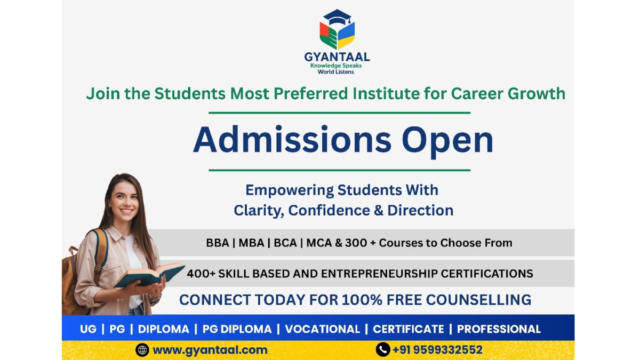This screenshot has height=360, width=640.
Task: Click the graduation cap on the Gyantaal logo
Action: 337,17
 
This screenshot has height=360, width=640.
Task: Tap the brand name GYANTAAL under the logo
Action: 337,57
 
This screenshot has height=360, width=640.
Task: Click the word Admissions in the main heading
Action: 291,141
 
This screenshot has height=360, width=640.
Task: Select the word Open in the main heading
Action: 447,141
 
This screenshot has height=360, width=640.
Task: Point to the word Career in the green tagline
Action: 477,94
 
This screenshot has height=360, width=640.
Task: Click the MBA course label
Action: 251,243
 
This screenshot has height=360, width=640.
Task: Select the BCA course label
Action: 285,243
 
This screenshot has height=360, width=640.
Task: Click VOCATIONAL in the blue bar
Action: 322,329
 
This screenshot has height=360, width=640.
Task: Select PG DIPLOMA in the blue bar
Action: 237,329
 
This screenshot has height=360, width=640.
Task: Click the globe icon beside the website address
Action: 142,350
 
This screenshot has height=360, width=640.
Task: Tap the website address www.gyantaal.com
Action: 210,350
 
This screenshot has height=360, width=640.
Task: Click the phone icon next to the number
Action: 382,350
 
